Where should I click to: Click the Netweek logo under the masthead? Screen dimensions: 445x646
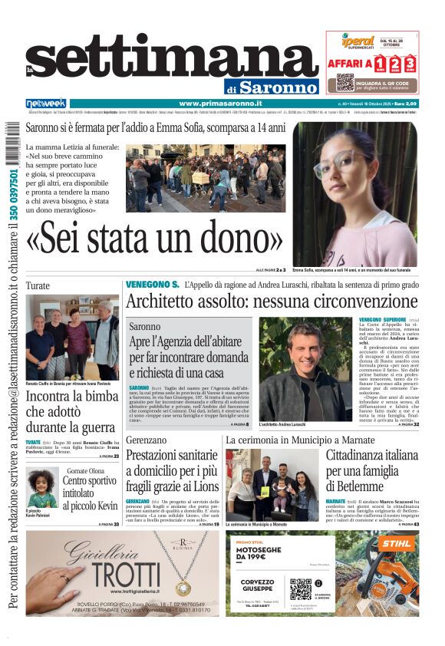click(46, 103)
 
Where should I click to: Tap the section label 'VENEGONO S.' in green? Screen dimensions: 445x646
click(152, 285)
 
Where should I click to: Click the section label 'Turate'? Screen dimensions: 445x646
click(38, 285)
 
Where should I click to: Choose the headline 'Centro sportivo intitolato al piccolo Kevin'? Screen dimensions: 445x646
click(90, 493)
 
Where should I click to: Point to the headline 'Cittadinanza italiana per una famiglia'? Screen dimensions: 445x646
click(371, 470)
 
